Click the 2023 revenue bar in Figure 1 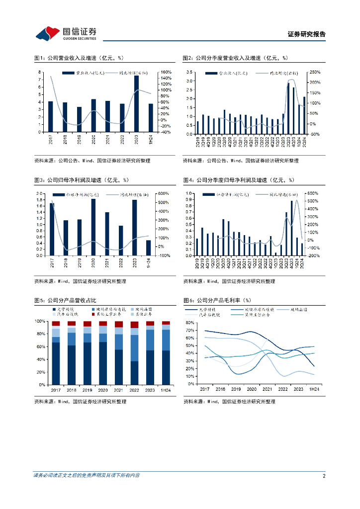coord(136,103)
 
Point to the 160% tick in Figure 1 coord(166,72)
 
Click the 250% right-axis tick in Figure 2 coord(315,72)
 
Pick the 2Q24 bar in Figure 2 coord(304,115)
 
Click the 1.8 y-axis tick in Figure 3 coord(40,199)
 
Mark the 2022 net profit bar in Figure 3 coord(121,241)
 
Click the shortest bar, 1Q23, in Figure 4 coord(275,254)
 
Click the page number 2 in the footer coord(324,475)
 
